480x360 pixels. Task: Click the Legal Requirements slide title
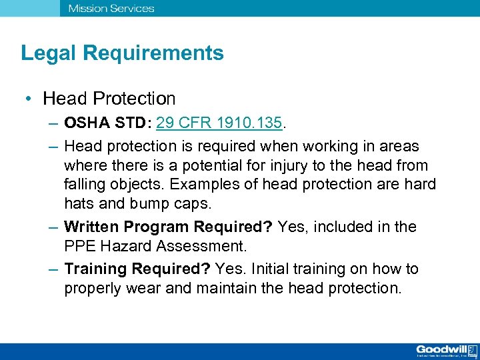click(122, 53)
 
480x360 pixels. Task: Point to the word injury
click(299, 165)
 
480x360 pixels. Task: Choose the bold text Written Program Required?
click(168, 227)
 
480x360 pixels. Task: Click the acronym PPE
click(81, 245)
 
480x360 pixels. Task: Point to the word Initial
click(271, 269)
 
